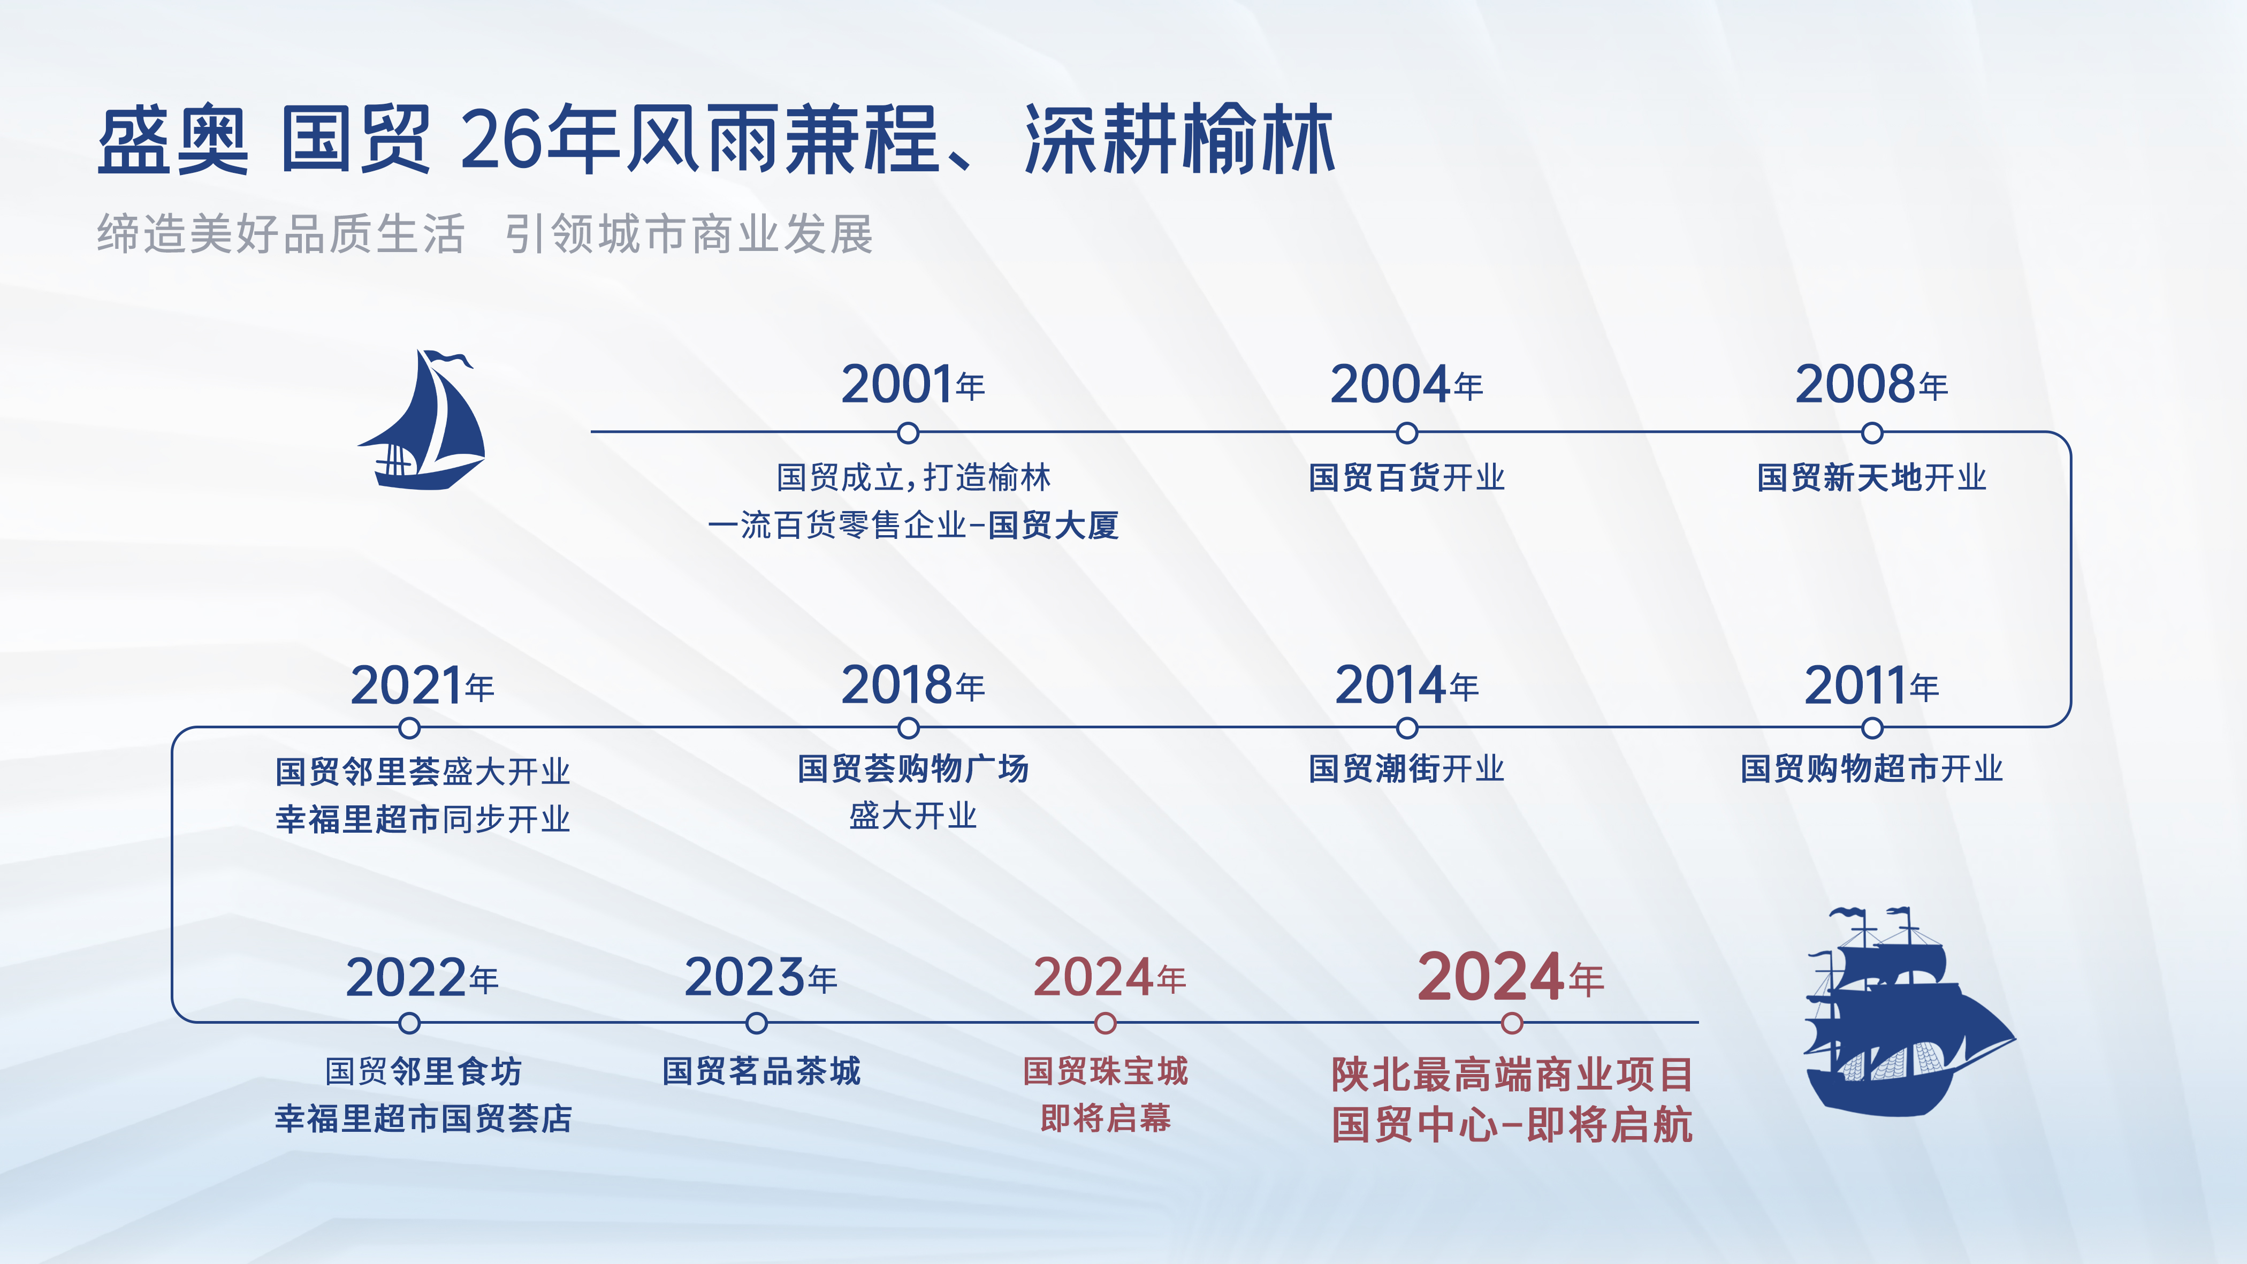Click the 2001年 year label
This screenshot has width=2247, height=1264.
click(912, 385)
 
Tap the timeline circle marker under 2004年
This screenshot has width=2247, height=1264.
click(1406, 433)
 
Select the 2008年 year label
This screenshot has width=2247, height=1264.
click(1871, 385)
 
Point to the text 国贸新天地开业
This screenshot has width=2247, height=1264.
click(1871, 477)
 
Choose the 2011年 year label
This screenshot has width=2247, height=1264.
click(1871, 686)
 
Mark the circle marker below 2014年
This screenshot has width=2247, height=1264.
click(1406, 727)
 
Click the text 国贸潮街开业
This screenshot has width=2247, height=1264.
click(1406, 768)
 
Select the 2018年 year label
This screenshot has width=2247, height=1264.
click(912, 686)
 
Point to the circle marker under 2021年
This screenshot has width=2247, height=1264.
click(408, 727)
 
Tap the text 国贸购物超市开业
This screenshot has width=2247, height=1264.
click(1871, 768)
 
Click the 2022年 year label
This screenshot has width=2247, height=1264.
click(422, 978)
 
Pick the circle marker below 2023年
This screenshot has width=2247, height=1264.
click(756, 1022)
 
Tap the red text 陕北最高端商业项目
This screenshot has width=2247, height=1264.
click(1512, 1075)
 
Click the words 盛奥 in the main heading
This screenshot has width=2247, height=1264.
click(173, 140)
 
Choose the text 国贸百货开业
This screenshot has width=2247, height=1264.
click(1406, 477)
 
